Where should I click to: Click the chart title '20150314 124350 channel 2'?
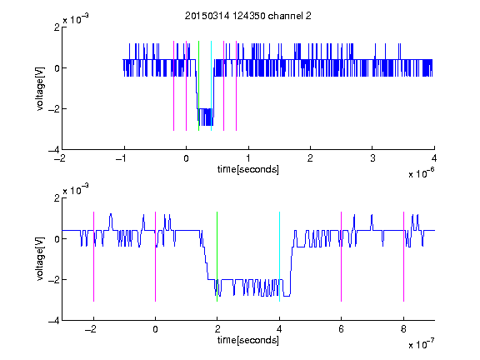(x=248, y=16)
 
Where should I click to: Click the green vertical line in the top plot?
(x=198, y=86)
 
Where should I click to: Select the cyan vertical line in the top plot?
(x=211, y=86)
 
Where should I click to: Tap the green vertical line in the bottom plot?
(x=217, y=257)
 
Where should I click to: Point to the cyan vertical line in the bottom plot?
(x=279, y=257)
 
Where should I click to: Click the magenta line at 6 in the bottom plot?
(x=342, y=257)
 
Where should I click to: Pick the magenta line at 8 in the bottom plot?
(x=404, y=257)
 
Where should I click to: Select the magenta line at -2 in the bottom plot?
(x=93, y=257)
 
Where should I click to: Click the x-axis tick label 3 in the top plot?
(x=372, y=158)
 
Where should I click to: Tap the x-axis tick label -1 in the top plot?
(x=122, y=158)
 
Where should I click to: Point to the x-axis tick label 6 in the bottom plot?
(x=342, y=329)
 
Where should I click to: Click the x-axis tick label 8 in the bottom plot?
(x=403, y=329)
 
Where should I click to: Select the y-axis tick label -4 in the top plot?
(x=54, y=150)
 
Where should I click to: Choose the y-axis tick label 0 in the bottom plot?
(x=57, y=239)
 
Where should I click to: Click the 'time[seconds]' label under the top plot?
(x=248, y=169)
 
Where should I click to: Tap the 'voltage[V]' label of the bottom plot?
(x=40, y=258)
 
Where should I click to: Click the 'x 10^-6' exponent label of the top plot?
(x=422, y=172)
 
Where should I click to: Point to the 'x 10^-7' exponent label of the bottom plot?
(x=422, y=343)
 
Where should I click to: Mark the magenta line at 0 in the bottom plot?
(x=156, y=257)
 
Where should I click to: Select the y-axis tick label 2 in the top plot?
(x=57, y=27)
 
